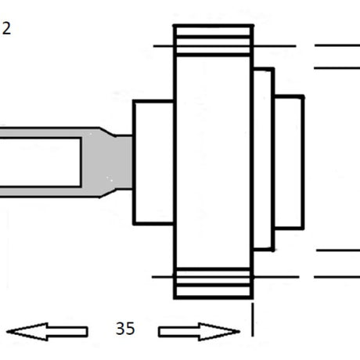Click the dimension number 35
tap(125, 329)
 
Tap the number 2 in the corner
tap(6, 28)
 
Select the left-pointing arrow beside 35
tap(47, 332)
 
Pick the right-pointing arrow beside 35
tap(199, 332)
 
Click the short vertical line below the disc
tap(252, 319)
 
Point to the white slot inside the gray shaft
tap(41, 162)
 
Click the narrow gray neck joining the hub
tap(124, 162)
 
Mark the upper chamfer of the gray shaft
tap(107, 131)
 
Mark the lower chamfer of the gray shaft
tap(107, 193)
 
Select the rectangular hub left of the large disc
tap(153, 162)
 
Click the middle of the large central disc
tap(214, 162)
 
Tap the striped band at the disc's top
tap(214, 41)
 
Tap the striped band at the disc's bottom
tap(214, 283)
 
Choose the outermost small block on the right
tap(289, 163)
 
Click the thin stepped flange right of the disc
tap(264, 160)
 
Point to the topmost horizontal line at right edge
tap(337, 45)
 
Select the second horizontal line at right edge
tap(337, 68)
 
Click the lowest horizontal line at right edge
tap(337, 276)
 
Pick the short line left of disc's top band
tap(164, 46)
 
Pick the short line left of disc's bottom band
tap(163, 277)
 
